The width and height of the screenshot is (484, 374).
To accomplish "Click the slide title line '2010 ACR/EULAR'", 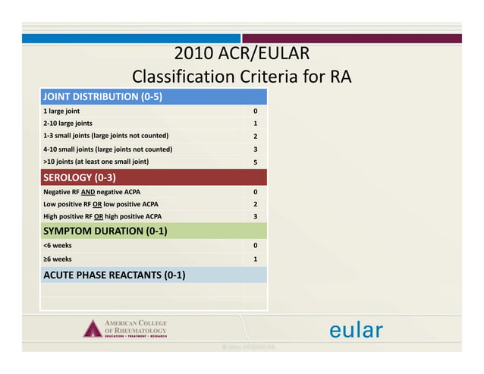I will tap(241, 55).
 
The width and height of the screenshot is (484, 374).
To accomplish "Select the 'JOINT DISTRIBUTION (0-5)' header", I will tap(102, 97).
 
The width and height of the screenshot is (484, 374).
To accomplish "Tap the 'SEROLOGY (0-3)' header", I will tap(80, 178).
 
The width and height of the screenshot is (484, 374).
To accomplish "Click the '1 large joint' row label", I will tap(62, 111).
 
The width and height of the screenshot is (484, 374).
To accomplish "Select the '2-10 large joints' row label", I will tap(68, 123).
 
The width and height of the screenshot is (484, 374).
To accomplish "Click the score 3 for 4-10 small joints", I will tap(256, 149).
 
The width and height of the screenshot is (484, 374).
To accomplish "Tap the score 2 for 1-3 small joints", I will tap(256, 137).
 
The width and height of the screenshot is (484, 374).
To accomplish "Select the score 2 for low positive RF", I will tap(256, 204).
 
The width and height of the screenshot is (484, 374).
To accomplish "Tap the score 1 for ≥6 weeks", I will tap(256, 259).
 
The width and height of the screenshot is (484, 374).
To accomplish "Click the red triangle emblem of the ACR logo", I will tap(93, 329).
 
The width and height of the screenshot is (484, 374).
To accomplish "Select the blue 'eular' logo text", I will tap(356, 331).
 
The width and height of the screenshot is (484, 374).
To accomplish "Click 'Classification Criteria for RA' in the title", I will tap(241, 77).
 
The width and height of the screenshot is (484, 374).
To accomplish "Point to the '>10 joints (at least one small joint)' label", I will tap(96, 162).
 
